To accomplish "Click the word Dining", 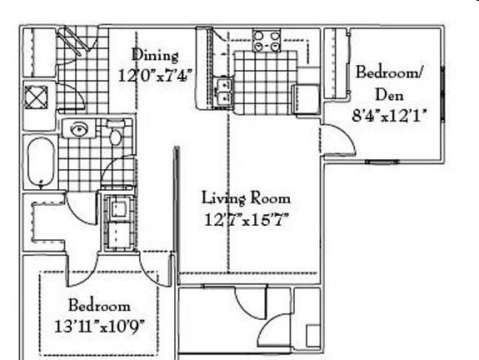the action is coord(155,56).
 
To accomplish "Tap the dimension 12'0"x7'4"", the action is coord(155,76).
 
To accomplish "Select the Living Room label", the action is coord(246,198).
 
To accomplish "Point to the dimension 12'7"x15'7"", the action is coord(246,219).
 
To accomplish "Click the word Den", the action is coord(389,95).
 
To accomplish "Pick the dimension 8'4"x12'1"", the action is coord(389,116).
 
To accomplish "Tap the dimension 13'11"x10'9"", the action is coord(100,327).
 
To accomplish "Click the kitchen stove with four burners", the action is coord(267,40).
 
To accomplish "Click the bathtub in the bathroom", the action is coord(41,162).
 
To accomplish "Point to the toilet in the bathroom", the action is coord(116,132).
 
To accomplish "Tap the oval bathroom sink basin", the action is coord(78,129).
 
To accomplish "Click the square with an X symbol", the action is coord(36,97).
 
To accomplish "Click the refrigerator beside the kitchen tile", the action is coord(306,99).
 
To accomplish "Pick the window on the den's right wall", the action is coord(442,93).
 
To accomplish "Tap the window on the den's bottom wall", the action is coord(382,162).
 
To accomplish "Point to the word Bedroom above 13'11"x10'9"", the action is coord(99,305).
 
